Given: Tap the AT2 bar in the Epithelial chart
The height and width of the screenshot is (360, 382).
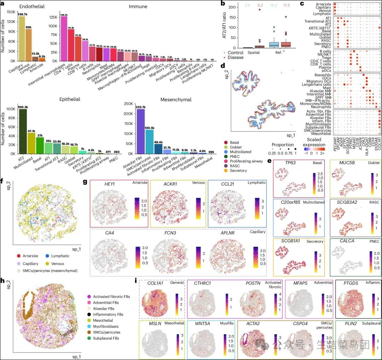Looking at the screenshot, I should [23, 131].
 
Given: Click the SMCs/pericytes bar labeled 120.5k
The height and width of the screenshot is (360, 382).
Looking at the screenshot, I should [149, 142].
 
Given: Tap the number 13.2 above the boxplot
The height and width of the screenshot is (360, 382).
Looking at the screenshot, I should [274, 5].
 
